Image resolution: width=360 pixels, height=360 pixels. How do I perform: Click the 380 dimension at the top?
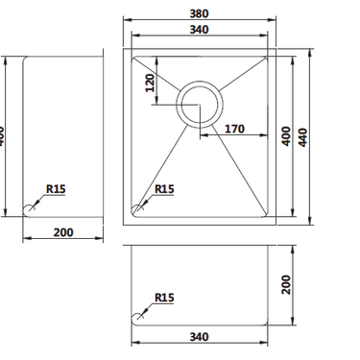[x=199, y=13]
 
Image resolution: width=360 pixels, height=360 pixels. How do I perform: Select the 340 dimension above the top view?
[x=199, y=30]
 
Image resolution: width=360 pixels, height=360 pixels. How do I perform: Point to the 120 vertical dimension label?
[x=150, y=84]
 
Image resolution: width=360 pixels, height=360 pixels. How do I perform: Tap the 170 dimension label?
[x=234, y=128]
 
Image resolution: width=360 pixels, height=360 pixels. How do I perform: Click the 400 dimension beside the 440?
[x=285, y=137]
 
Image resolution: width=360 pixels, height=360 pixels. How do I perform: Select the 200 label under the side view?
[x=63, y=231]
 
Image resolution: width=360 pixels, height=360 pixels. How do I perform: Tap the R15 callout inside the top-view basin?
[x=163, y=189]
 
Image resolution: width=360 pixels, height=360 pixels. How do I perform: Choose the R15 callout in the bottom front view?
[x=163, y=299]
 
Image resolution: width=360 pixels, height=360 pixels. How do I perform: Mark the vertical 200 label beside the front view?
[x=285, y=284]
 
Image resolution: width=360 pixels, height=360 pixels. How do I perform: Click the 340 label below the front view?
[x=199, y=337]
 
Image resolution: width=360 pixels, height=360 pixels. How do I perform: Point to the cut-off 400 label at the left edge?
[x=3, y=134]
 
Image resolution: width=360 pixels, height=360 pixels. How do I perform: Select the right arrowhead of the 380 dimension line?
[x=271, y=21]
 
